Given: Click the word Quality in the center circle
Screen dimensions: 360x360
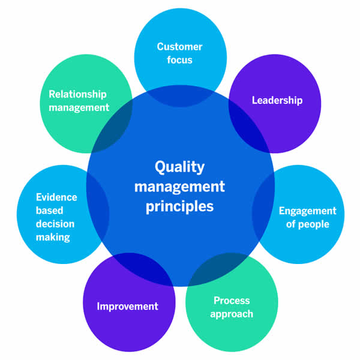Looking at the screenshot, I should [180, 167].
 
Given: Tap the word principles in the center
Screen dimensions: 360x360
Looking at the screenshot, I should [180, 207].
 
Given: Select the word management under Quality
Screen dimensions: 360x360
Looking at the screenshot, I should [180, 187].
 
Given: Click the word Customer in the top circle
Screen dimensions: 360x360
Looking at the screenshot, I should [180, 47].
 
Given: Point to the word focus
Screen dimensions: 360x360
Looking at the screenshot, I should [180, 60].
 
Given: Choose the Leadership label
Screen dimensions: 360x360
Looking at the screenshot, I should [277, 100].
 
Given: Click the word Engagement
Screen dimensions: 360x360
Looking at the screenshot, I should [308, 211].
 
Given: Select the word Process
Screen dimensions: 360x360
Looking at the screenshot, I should [232, 300].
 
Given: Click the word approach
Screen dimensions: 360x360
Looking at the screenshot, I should [232, 313].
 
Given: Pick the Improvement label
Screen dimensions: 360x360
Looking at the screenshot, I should [128, 306].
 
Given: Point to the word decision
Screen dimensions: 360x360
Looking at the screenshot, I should [55, 224].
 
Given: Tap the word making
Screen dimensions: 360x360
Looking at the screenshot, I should [53, 237].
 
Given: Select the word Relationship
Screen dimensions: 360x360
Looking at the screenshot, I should [78, 94].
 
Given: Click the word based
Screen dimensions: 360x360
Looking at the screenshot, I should [49, 211].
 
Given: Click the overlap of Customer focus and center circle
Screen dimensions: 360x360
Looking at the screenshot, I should [180, 96].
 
